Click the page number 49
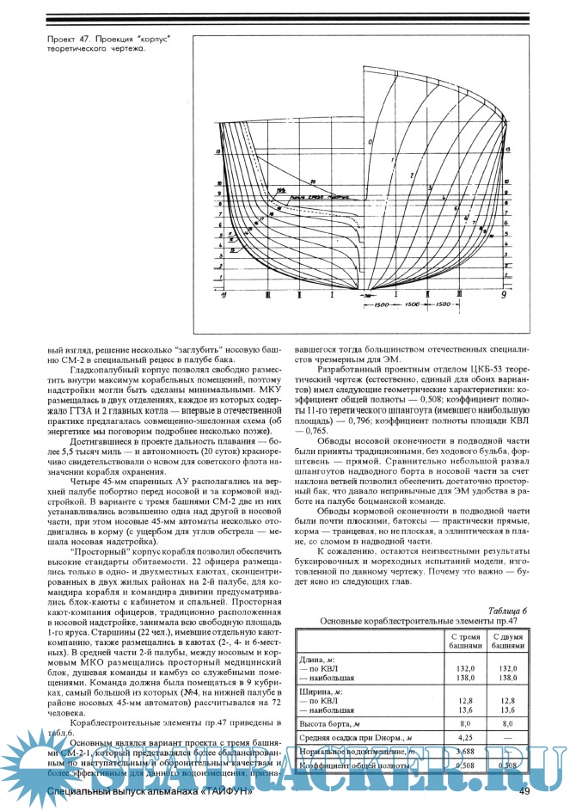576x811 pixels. [523, 791]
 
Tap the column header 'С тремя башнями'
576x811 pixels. [466, 640]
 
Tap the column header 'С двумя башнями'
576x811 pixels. [508, 640]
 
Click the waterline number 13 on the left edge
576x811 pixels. [218, 151]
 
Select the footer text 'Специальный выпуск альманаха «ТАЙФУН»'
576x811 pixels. [150, 791]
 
